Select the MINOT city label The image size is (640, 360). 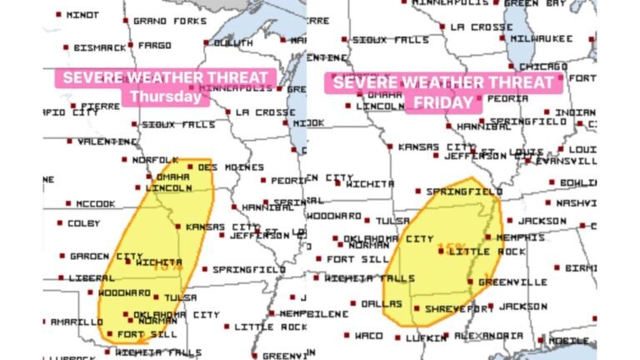point(81,15)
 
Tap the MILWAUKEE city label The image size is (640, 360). point(542,38)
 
